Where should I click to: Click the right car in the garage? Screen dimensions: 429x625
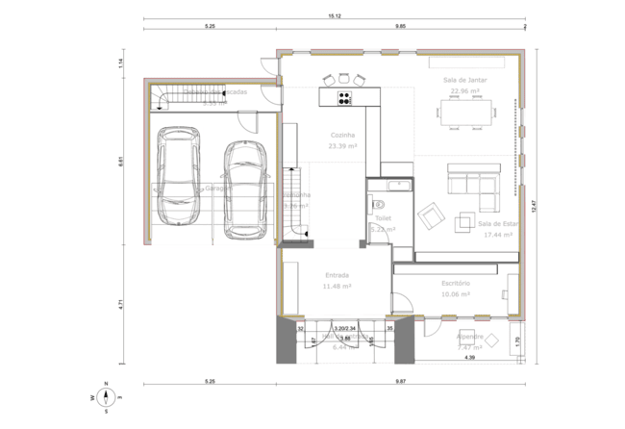click(246, 190)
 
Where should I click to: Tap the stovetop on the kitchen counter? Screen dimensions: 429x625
click(343, 96)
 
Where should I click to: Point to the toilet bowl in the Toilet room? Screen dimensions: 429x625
click(379, 202)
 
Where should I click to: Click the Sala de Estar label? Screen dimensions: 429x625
click(497, 223)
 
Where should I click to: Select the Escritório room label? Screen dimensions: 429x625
click(456, 283)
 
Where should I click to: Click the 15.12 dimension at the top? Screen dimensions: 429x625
click(336, 16)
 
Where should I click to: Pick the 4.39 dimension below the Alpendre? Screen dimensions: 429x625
click(470, 358)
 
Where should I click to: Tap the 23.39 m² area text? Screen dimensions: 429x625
click(342, 147)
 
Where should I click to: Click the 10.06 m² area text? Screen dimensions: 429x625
click(456, 294)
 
